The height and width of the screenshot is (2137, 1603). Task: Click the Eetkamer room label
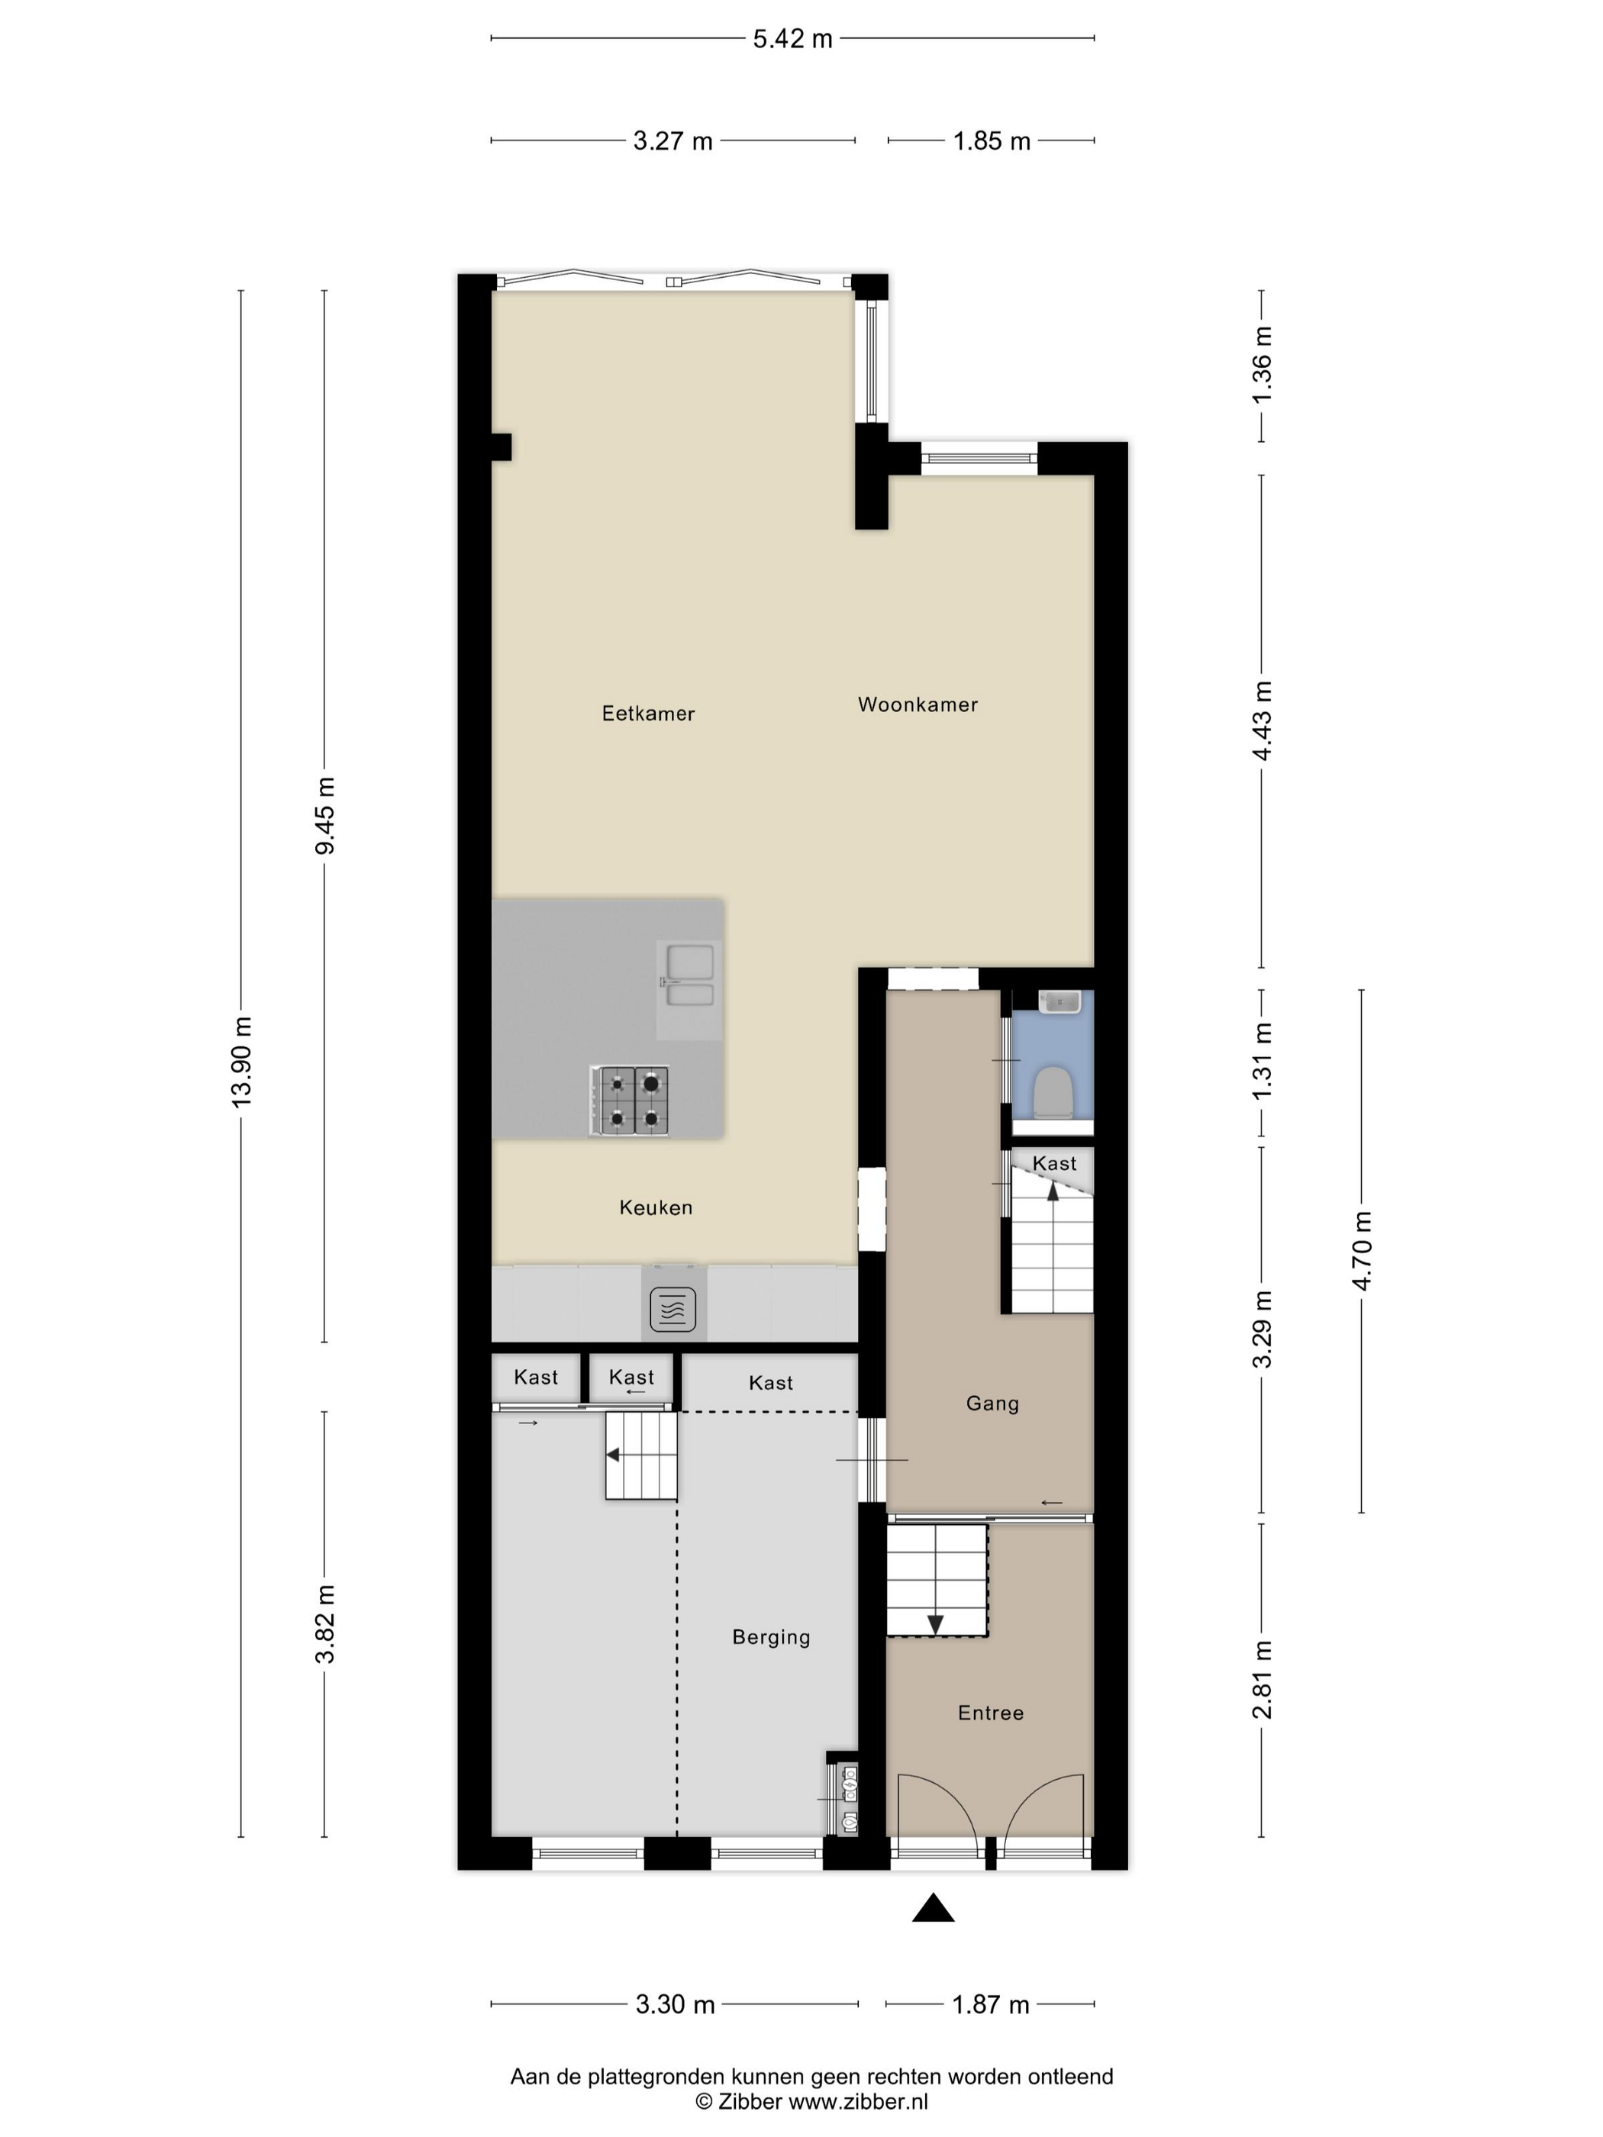(648, 713)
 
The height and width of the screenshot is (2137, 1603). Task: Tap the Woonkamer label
(918, 704)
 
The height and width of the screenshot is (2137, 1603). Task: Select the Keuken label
(656, 1207)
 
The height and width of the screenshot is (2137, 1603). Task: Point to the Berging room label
(771, 1636)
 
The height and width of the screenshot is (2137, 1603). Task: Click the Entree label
(990, 1713)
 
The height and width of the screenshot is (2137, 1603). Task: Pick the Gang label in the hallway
(992, 1403)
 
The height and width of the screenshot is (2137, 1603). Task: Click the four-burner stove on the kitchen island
(629, 1101)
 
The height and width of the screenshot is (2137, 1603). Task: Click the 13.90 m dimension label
(240, 1062)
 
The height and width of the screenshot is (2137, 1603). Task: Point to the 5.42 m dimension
(792, 39)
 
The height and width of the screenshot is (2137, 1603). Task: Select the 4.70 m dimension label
(1362, 1250)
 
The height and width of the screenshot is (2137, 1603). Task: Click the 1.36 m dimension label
(1262, 365)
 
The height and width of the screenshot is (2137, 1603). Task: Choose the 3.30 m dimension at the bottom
(675, 2005)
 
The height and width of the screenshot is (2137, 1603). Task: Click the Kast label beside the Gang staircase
(1054, 1163)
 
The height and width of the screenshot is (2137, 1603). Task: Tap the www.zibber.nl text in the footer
(858, 2101)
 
